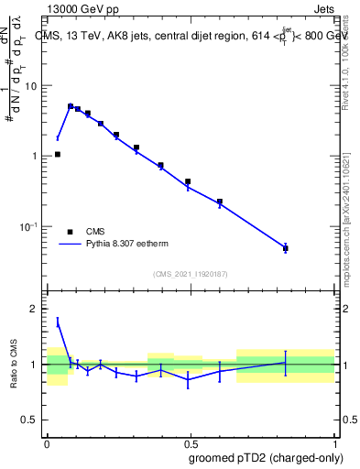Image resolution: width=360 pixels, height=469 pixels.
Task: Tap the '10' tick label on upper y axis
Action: (x=31, y=86)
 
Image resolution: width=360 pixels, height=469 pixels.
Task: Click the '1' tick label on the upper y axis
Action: (x=35, y=157)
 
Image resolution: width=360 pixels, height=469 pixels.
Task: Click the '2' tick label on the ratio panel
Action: (x=35, y=310)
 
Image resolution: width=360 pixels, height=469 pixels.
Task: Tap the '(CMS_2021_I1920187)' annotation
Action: (x=191, y=274)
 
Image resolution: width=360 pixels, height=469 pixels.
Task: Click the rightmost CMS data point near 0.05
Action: (x=286, y=248)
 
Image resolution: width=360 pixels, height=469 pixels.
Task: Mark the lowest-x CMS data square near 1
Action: (x=58, y=155)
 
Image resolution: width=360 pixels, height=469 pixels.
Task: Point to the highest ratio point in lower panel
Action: (x=58, y=322)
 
